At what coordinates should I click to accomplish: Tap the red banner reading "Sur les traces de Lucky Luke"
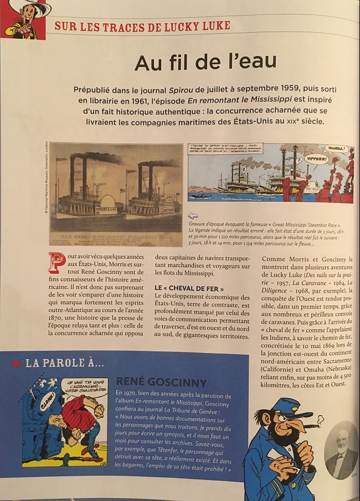click(x=142, y=25)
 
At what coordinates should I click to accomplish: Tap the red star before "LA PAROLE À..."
click(x=17, y=364)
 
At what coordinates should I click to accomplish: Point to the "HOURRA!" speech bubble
click(x=337, y=149)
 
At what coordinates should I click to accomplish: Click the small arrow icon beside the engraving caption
click(x=192, y=216)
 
